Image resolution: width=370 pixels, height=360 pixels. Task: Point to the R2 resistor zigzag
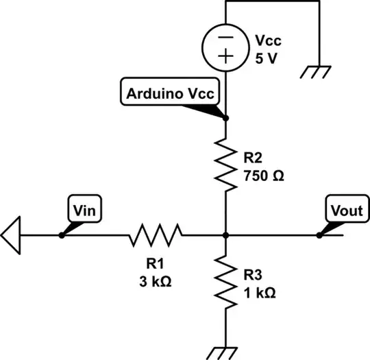coord(225,164)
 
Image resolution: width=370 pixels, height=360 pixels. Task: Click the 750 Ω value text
coord(263,176)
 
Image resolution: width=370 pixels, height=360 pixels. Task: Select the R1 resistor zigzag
coord(156,235)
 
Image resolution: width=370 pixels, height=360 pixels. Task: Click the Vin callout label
coord(85,210)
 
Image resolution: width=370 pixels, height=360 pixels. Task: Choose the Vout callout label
coord(345,210)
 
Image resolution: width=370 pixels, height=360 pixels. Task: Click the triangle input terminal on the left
coord(12,235)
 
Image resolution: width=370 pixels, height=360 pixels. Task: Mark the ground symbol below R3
coord(225,350)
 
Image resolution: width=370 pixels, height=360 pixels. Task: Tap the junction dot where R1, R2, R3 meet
coord(225,235)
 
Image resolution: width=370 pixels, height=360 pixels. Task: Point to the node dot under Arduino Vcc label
coord(225,117)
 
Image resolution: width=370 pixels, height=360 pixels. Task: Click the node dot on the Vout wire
coord(319,235)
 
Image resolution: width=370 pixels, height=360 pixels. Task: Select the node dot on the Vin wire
coord(62,235)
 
